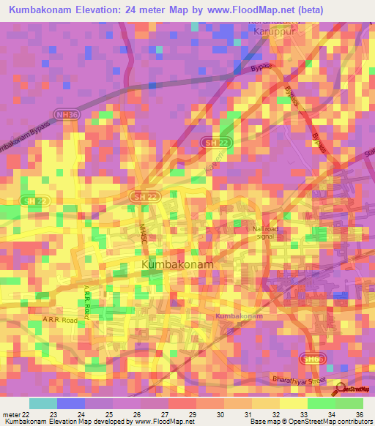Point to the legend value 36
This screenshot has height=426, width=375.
pyautogui.click(x=359, y=413)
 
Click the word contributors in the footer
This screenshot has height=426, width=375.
pyautogui.click(x=354, y=422)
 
